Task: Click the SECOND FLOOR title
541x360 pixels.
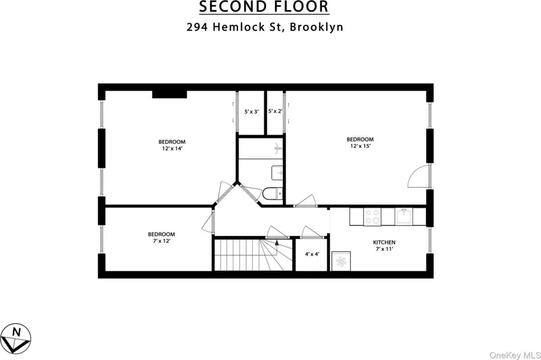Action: point(264,7)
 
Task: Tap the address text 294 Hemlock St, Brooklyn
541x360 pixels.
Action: point(265,27)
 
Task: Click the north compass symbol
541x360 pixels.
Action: point(15,339)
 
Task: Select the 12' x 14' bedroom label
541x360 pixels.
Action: point(172,145)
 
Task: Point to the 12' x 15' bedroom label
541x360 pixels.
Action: point(360,142)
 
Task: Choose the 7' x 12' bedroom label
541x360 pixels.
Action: point(161,237)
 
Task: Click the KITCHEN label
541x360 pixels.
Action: point(384,243)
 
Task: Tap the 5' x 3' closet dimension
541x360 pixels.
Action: point(251,112)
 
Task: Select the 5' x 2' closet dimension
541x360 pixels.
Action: point(276,111)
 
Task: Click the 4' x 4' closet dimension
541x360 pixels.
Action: point(312,254)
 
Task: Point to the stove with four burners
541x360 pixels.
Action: point(372,217)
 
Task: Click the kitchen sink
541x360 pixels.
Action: point(404,217)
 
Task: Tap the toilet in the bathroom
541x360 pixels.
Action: point(272,193)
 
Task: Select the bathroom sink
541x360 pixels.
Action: point(277,172)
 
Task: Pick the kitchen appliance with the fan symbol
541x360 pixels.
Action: point(341,261)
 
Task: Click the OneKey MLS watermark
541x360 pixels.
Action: point(515,355)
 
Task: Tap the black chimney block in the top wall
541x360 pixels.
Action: point(169,94)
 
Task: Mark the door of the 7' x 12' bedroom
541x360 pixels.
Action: point(208,225)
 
